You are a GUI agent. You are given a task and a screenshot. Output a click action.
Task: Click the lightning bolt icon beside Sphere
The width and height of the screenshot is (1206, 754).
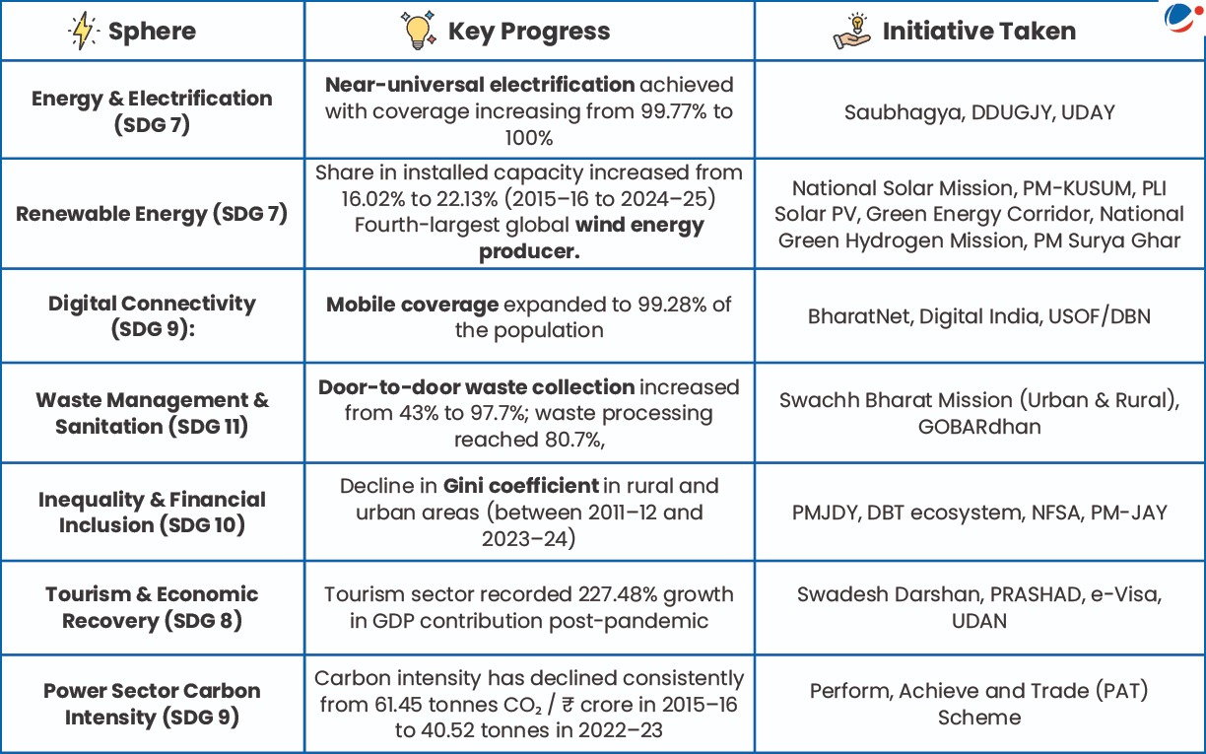[x=82, y=31]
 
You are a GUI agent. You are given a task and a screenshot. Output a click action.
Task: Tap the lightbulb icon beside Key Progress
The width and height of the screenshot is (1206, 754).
[x=418, y=31]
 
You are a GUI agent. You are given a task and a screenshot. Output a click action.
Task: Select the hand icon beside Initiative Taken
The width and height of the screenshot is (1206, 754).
[x=852, y=31]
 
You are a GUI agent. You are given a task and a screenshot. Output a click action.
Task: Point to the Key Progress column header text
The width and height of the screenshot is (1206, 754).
[x=529, y=32]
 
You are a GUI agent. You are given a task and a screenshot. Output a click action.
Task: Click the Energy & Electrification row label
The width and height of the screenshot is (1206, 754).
[x=152, y=111]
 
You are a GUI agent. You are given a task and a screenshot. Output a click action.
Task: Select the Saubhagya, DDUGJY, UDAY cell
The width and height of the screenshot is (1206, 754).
[x=979, y=112]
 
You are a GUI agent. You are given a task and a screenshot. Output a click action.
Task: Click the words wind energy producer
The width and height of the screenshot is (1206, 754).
[x=591, y=238]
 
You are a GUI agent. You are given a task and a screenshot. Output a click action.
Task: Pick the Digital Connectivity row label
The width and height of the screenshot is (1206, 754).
[x=152, y=315]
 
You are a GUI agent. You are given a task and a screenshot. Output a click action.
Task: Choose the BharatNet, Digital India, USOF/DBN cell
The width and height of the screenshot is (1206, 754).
[x=979, y=316]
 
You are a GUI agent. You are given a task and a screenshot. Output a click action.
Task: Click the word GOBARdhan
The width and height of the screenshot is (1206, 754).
[x=979, y=426]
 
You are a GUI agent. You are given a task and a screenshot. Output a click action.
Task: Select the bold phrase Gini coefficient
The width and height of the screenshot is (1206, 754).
[x=521, y=486]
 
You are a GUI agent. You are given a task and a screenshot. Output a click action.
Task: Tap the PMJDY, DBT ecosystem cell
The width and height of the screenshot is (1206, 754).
[x=979, y=513]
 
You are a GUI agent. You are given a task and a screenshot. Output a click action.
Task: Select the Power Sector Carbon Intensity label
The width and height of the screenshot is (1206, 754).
[x=152, y=704]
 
